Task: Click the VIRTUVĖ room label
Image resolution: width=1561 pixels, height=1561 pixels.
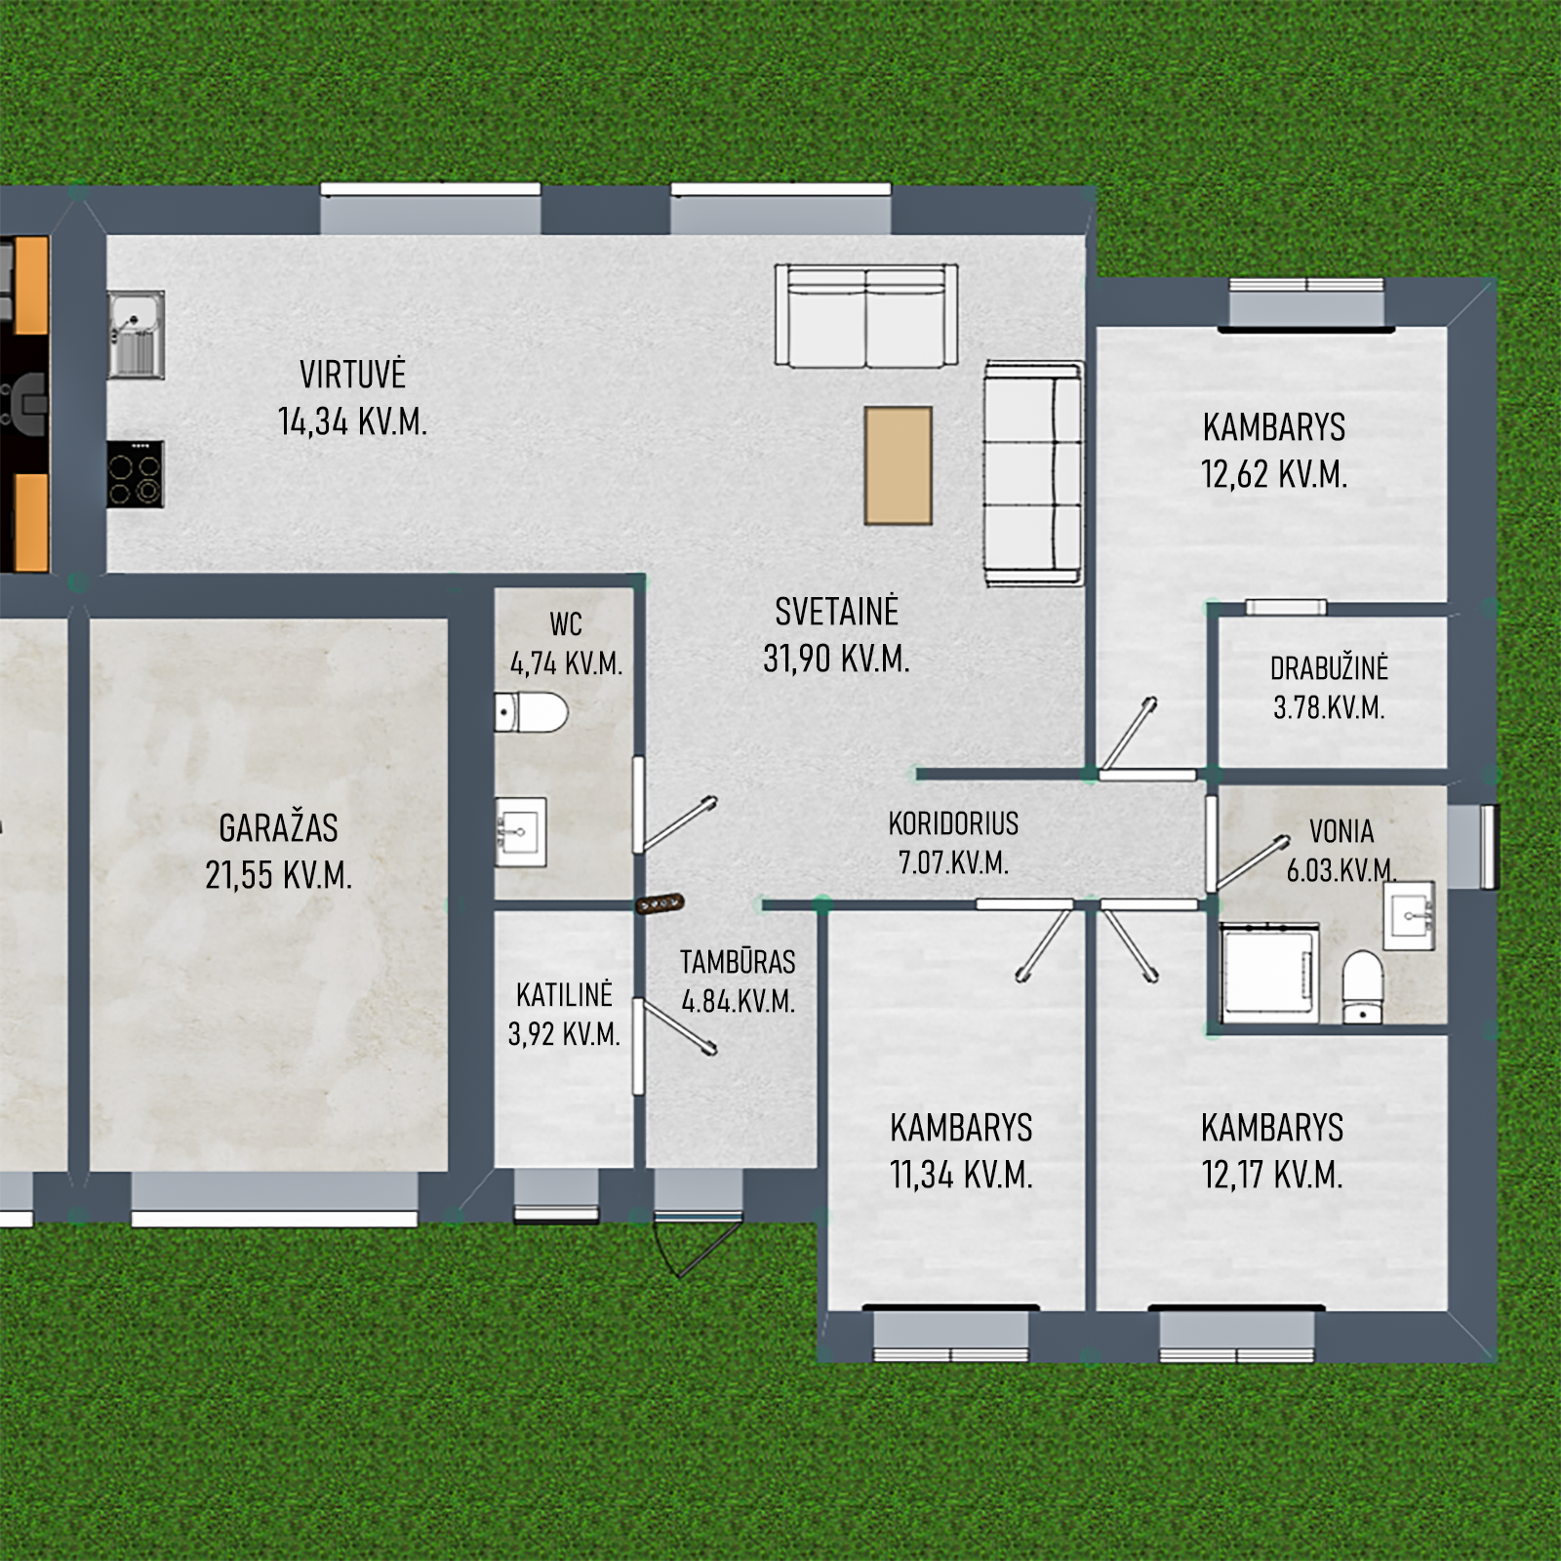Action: pyautogui.click(x=352, y=374)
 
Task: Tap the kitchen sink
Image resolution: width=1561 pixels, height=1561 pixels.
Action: pyautogui.click(x=136, y=334)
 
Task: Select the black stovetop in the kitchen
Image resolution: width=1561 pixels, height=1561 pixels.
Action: pyautogui.click(x=135, y=474)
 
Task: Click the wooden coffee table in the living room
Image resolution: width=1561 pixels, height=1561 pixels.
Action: pyautogui.click(x=898, y=465)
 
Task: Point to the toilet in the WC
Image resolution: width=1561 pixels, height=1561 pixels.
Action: pyautogui.click(x=531, y=712)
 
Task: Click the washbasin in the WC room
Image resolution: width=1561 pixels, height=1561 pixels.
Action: pyautogui.click(x=520, y=832)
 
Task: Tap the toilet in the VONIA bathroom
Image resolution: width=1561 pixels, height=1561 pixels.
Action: pyautogui.click(x=1362, y=987)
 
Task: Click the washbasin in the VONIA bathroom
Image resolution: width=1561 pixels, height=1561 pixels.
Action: pyautogui.click(x=1409, y=915)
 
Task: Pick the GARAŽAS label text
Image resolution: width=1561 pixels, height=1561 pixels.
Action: pyautogui.click(x=278, y=827)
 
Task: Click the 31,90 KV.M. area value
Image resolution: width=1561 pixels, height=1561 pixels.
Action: pyautogui.click(x=836, y=659)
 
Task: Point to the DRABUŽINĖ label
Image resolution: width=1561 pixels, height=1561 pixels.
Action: pyautogui.click(x=1329, y=668)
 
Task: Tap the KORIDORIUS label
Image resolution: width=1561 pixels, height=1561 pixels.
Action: pyautogui.click(x=953, y=823)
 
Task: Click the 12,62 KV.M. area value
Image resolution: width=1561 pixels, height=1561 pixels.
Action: pyautogui.click(x=1274, y=474)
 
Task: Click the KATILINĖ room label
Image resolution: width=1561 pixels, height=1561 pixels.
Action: pyautogui.click(x=564, y=995)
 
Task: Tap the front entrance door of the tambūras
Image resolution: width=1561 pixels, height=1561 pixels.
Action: pyautogui.click(x=699, y=1244)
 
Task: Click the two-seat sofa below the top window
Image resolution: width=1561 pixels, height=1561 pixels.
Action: pyautogui.click(x=866, y=316)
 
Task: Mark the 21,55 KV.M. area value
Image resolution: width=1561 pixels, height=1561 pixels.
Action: pyautogui.click(x=278, y=874)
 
